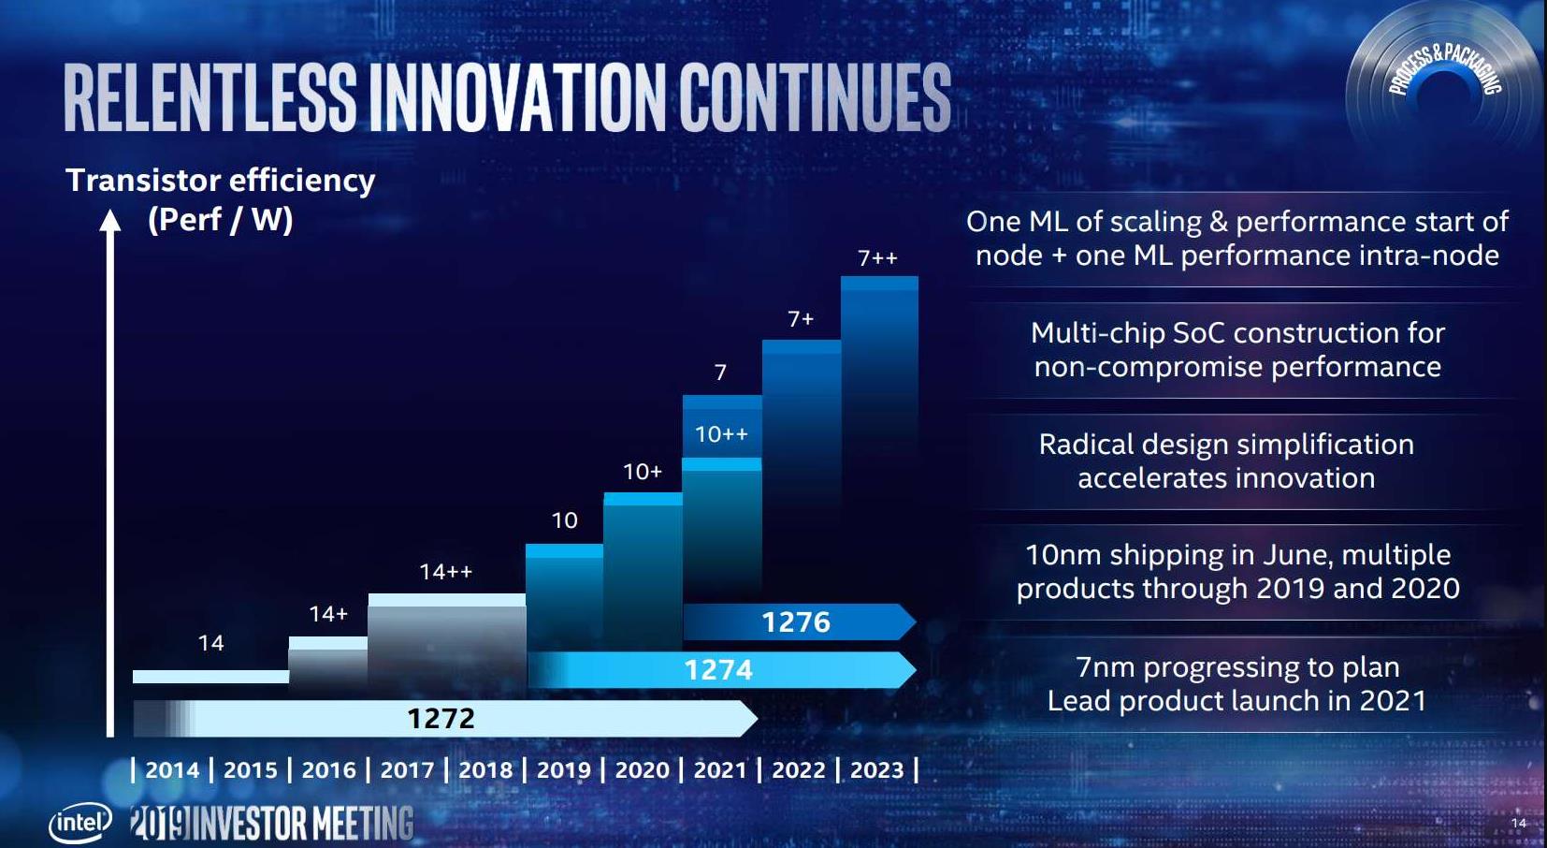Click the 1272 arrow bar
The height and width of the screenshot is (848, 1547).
click(x=441, y=718)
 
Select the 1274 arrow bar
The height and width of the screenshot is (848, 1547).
click(x=718, y=670)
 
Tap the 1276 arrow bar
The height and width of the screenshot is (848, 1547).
click(x=796, y=622)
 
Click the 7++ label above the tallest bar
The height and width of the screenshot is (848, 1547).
click(x=877, y=258)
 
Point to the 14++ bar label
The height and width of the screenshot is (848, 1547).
click(x=445, y=572)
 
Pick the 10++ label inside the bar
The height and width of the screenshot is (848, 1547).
click(x=721, y=434)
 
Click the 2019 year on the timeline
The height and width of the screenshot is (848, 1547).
click(x=563, y=770)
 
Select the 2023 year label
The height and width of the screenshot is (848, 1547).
click(x=876, y=770)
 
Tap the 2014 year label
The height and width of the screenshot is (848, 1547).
click(x=172, y=770)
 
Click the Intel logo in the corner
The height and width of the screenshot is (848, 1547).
click(x=80, y=823)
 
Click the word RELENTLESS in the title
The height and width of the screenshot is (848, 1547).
click(x=210, y=97)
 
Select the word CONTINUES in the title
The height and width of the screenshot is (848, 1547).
click(x=815, y=97)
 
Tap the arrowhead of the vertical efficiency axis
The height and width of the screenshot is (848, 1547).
click(x=110, y=221)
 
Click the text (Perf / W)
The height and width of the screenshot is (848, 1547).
click(x=221, y=220)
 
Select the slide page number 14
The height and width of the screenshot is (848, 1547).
click(x=1518, y=823)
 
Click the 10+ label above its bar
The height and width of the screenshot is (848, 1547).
click(x=643, y=472)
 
